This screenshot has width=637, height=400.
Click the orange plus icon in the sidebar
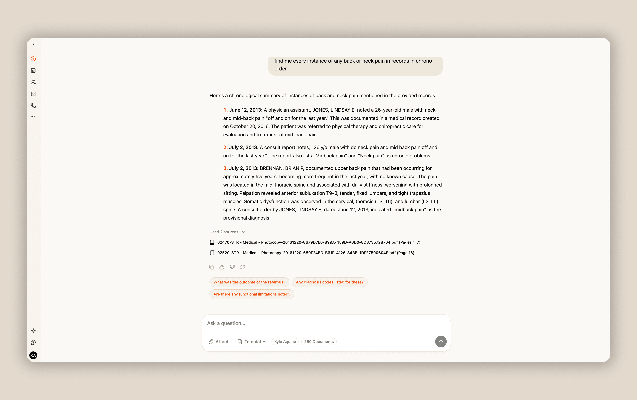click(x=33, y=59)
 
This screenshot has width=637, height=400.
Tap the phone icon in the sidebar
click(x=33, y=106)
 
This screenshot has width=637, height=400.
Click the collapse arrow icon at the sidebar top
click(x=33, y=44)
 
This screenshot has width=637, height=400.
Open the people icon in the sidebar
click(x=33, y=82)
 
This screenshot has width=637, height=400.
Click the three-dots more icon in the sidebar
click(x=33, y=116)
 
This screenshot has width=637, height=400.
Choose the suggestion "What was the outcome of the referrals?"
click(x=249, y=282)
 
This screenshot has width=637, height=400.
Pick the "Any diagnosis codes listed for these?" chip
click(x=330, y=282)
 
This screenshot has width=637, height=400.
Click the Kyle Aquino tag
click(x=285, y=342)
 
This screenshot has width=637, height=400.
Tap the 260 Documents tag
click(x=319, y=342)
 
